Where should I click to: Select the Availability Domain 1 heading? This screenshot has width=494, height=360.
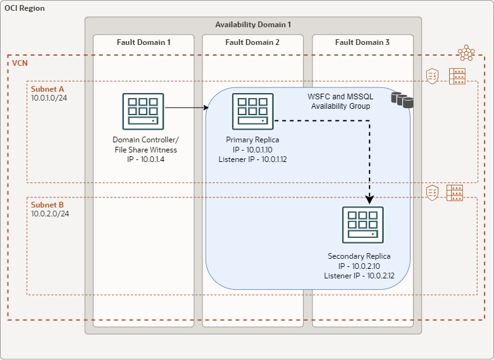253,25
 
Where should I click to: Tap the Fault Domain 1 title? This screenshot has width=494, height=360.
144,42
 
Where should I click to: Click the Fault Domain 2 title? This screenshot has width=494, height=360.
252,42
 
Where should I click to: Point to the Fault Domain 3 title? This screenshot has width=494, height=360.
362,42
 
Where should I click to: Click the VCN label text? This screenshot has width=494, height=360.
20,64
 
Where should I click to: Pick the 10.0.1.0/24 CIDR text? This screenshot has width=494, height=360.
50,98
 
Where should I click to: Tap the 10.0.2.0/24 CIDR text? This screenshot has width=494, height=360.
50,214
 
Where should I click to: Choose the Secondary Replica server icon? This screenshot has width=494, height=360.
362,225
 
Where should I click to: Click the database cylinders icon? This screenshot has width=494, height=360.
402,99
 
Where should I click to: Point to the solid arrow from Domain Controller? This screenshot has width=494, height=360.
187,108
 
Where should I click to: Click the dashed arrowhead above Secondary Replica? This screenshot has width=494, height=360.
369,198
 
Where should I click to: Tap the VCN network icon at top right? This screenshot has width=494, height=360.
466,53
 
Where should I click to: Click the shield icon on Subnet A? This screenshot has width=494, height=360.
433,76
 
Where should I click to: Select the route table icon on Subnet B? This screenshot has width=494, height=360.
455,192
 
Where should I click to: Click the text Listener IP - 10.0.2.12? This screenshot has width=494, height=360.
359,276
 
